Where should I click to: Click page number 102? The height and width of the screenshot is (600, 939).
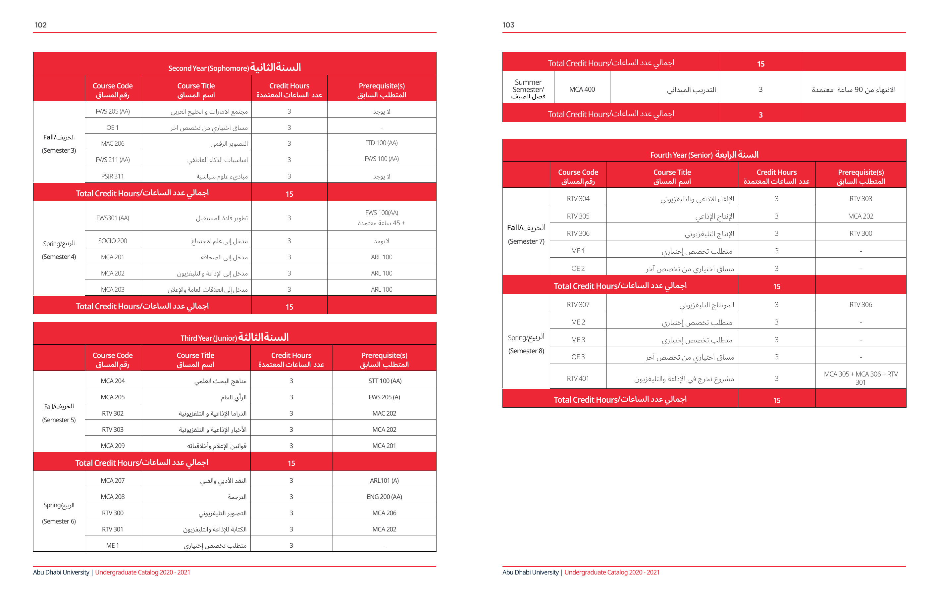[40, 25]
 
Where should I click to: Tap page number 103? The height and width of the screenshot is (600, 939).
[508, 25]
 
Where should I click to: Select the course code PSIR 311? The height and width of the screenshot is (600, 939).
[112, 176]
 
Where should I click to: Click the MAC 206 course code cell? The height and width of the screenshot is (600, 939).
[112, 143]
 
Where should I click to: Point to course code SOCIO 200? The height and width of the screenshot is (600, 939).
[112, 241]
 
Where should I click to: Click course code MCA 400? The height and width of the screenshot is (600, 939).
[582, 89]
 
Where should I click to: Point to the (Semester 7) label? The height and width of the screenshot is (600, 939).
[526, 241]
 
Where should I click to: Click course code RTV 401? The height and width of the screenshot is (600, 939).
[578, 378]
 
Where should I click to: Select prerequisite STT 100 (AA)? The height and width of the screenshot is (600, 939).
[385, 381]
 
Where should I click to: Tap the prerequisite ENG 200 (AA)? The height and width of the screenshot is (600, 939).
[384, 497]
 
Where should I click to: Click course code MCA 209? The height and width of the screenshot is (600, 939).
[112, 446]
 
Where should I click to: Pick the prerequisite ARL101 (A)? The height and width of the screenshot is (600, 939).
[384, 481]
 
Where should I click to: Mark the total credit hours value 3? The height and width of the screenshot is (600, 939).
[760, 115]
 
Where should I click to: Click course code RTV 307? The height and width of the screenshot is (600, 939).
[578, 305]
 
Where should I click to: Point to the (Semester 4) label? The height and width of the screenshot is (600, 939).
[59, 257]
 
